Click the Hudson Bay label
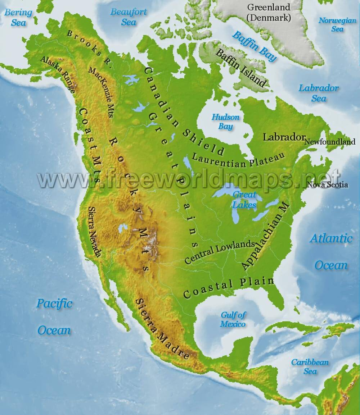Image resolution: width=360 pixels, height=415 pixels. click(x=225, y=122)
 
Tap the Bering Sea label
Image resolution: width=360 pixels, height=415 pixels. click(x=18, y=17)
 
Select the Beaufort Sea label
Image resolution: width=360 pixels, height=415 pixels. click(x=129, y=17)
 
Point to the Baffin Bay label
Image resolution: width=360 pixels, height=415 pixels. click(x=254, y=46)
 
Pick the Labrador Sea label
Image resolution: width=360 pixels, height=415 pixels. click(x=319, y=93)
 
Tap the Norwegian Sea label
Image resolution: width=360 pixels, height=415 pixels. click(x=337, y=24)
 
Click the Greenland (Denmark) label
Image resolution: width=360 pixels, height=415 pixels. click(x=269, y=12)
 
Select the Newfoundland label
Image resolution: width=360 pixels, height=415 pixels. click(x=330, y=142)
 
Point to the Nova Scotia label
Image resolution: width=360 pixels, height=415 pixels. click(x=327, y=185)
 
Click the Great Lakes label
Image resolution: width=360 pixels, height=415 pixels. click(x=244, y=200)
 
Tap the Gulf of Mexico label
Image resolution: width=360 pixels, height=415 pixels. click(x=233, y=319)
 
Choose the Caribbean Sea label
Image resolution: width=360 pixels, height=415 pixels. click(x=310, y=366)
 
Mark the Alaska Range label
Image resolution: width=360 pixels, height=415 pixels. click(x=58, y=74)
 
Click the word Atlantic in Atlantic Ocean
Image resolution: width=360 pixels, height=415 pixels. click(x=331, y=238)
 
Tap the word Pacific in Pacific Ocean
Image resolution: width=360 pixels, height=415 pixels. click(x=54, y=303)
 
